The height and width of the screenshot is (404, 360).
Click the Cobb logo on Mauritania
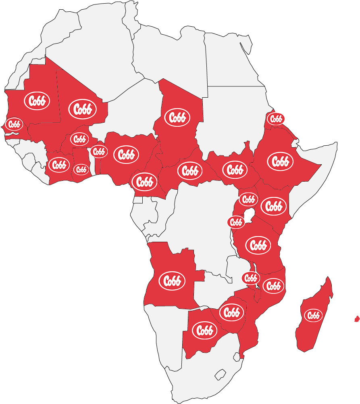point(37,101)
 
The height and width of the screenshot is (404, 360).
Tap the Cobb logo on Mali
point(82,109)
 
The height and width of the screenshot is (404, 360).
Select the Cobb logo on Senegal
point(14,124)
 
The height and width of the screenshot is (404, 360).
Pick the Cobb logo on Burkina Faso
point(79,139)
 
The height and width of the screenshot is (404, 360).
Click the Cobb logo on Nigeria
point(126,155)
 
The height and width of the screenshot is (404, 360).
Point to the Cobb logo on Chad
point(177,117)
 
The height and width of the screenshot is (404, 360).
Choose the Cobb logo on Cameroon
point(144,181)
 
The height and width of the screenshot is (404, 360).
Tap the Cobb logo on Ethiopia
point(280,161)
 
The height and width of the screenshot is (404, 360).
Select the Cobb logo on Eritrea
point(276,119)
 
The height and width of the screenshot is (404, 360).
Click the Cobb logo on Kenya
point(274,206)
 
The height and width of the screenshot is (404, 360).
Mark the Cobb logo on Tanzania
point(258,245)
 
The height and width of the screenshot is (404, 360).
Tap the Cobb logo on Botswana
point(205,330)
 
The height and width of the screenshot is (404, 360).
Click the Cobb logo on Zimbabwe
point(232,312)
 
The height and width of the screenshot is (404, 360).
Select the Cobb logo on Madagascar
point(313,315)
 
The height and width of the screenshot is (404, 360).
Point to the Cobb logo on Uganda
point(248,199)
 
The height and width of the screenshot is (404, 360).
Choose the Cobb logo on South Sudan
point(235,170)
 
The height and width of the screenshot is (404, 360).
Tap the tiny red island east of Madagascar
point(356,319)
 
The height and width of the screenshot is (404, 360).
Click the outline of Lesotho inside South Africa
point(221,375)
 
